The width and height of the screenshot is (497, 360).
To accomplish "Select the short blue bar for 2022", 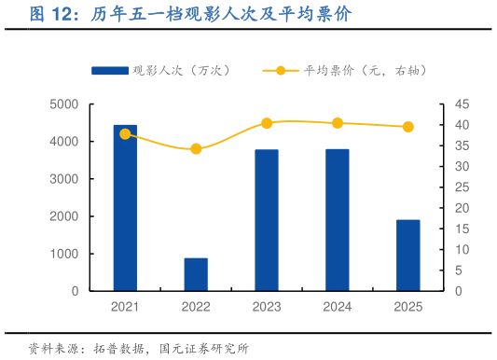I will [x=196, y=274].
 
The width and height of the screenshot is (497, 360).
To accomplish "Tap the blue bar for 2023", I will [x=267, y=220].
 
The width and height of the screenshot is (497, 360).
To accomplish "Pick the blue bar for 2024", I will [x=338, y=220].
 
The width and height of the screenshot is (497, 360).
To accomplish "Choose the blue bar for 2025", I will [x=408, y=256].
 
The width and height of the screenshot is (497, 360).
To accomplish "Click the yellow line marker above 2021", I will [x=125, y=134].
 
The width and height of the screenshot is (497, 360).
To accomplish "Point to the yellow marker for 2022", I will [x=196, y=149].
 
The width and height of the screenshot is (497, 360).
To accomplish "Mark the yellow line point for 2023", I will [x=267, y=123].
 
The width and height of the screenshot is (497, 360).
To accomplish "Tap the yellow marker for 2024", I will [x=338, y=123].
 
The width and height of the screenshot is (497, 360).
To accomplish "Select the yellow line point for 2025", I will [x=408, y=127].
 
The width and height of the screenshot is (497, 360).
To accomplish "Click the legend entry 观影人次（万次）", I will [x=159, y=71].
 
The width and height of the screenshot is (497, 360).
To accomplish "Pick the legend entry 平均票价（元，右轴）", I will [x=336, y=71].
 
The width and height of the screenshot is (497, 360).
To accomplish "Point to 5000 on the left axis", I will [x=64, y=104].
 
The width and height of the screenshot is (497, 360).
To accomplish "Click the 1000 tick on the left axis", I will [x=64, y=254].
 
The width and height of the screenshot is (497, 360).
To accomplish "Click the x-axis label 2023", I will [x=267, y=307].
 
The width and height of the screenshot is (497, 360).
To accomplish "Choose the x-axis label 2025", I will [x=408, y=307].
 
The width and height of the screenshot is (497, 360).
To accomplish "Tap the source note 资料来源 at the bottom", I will [x=139, y=348].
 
